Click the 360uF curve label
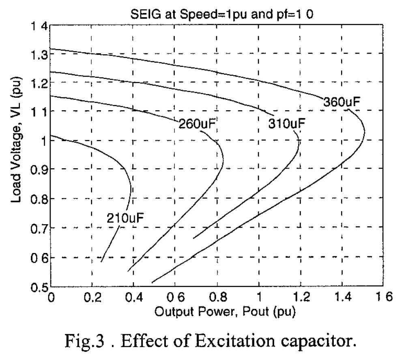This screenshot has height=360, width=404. pyautogui.click(x=342, y=102)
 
